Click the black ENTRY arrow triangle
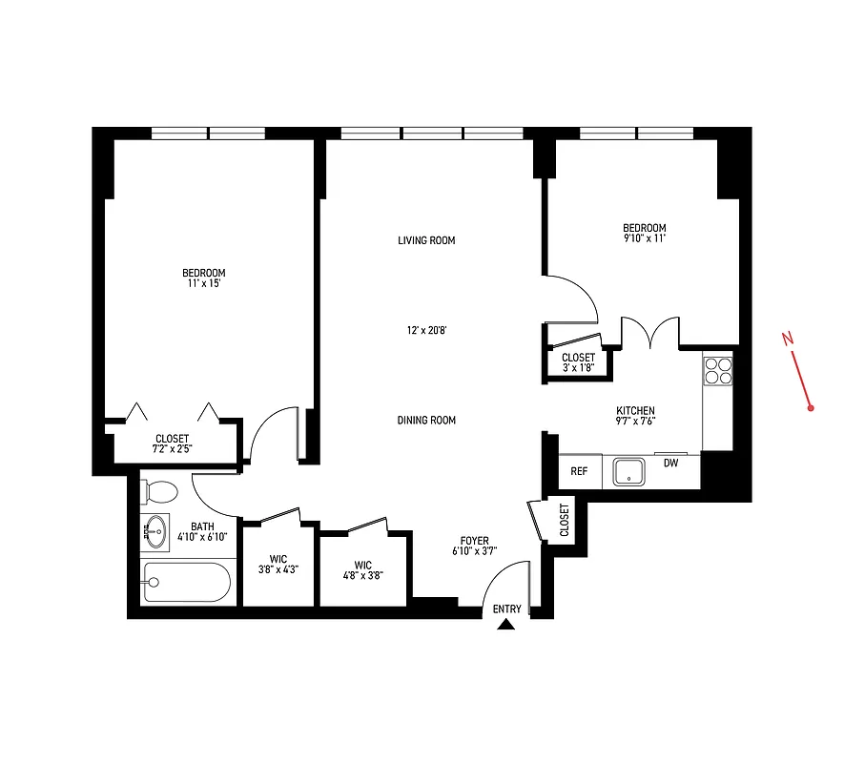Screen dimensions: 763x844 (506, 625)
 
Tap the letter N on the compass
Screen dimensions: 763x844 (788, 338)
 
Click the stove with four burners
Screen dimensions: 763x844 (717, 369)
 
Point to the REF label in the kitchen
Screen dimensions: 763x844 (579, 471)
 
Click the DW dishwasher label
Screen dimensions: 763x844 (670, 464)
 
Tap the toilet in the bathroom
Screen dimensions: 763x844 (160, 492)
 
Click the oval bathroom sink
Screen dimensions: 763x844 (154, 532)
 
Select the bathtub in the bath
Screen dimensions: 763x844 (186, 582)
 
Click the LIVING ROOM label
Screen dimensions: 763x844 (426, 240)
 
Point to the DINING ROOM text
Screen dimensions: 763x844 (426, 420)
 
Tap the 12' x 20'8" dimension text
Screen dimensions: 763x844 (426, 331)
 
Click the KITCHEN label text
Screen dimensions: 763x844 (635, 411)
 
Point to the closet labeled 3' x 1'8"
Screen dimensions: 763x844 (578, 362)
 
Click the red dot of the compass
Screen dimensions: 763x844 (810, 408)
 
